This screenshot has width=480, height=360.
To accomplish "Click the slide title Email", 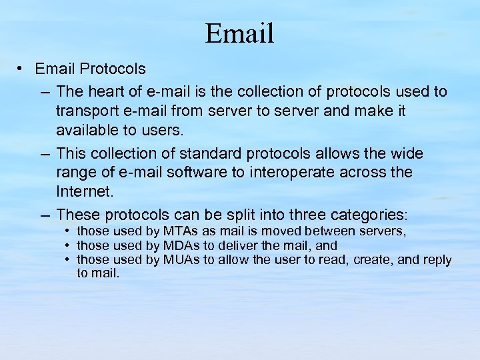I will point(239,33).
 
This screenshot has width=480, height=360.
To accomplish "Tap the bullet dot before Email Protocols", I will point(22,69).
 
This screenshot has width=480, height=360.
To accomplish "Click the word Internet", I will point(85,191).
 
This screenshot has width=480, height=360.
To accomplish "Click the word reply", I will point(437,260).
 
